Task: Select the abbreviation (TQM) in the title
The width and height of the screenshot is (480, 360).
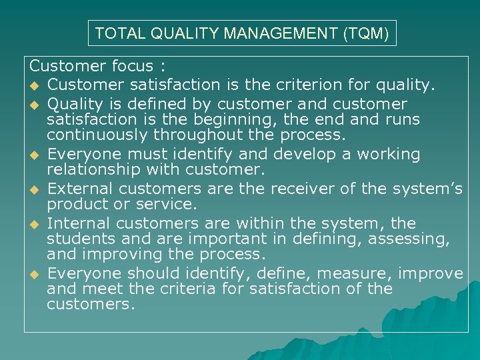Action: pyautogui.click(x=366, y=33)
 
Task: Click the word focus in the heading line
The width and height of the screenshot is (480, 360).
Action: pyautogui.click(x=131, y=66)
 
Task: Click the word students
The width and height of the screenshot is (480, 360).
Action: pyautogui.click(x=80, y=239)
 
